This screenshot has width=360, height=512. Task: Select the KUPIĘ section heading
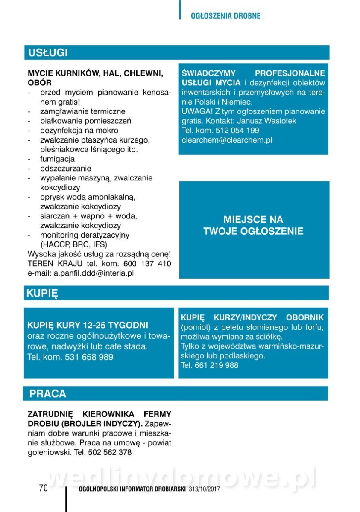(x=42, y=293)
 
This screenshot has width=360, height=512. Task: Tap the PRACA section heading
(x=48, y=393)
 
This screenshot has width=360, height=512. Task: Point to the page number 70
(x=44, y=488)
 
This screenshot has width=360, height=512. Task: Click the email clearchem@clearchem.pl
(x=227, y=140)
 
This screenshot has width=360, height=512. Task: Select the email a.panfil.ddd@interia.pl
(x=94, y=273)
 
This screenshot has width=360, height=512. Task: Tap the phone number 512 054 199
(x=237, y=131)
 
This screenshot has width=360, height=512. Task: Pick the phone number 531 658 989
(x=89, y=357)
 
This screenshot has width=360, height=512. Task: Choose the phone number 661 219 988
(x=217, y=365)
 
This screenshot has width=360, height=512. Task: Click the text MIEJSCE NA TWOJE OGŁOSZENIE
(x=253, y=225)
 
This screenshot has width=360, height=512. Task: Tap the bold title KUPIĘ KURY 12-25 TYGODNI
(x=88, y=325)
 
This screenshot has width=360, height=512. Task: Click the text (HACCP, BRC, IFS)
(x=74, y=244)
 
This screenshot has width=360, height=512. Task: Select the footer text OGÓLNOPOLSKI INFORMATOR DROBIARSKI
(x=132, y=489)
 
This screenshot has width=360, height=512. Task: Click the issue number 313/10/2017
(x=204, y=489)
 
